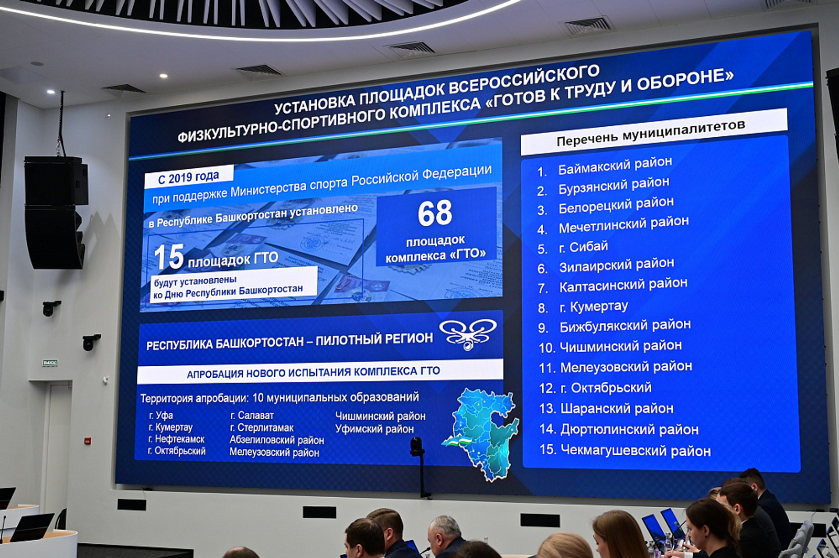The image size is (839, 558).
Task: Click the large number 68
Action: pyautogui.click(x=435, y=213)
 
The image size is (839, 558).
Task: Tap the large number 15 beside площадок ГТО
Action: pyautogui.click(x=169, y=257)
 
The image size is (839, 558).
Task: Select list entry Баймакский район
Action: pyautogui.click(x=615, y=165)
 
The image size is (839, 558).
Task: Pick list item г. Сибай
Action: pyautogui.click(x=583, y=247)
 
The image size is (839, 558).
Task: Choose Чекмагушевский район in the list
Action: pyautogui.click(x=635, y=451)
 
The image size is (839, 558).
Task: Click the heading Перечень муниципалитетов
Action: pyautogui.click(x=651, y=133)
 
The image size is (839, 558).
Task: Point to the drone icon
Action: pyautogui.click(x=468, y=333)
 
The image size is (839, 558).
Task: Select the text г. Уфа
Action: pyautogui.click(x=161, y=415)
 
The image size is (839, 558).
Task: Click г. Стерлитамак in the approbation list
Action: pyautogui.click(x=262, y=428)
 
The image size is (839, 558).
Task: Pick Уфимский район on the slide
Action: pyautogui.click(x=374, y=429)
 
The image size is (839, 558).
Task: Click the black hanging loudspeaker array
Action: pyautogui.click(x=55, y=212)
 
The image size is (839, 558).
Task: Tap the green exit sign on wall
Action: pyautogui.click(x=50, y=363)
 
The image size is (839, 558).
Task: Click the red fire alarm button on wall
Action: pyautogui.click(x=88, y=441)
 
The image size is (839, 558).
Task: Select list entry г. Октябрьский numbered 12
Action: pyautogui.click(x=606, y=388)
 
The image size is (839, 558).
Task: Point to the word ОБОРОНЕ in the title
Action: pyautogui.click(x=685, y=81)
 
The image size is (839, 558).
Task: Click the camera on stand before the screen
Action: pyautogui.click(x=417, y=447)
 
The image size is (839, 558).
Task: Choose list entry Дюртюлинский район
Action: pyautogui.click(x=629, y=430)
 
